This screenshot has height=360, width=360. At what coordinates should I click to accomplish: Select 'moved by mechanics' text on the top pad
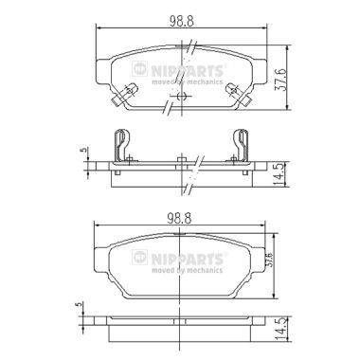[x=188, y=81]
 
